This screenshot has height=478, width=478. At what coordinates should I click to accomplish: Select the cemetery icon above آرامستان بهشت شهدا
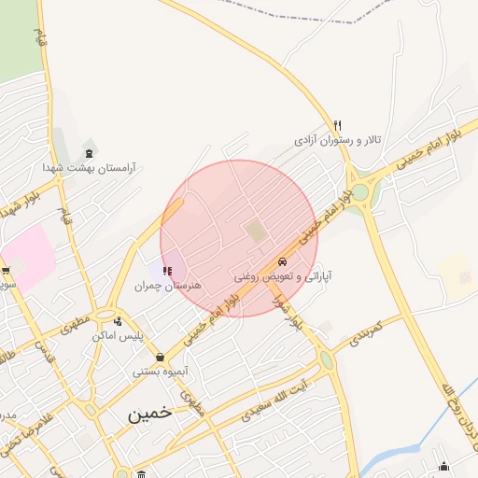[x=89, y=151]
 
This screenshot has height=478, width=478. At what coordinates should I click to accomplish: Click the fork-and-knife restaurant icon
[x=338, y=124]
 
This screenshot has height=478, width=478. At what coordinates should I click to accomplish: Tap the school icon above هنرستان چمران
[x=167, y=271]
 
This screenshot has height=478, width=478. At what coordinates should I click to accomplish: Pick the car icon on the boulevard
[x=282, y=261]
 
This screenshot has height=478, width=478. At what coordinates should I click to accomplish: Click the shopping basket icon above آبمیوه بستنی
[x=161, y=356]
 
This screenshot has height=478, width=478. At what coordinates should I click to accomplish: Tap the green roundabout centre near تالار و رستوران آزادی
[x=360, y=192]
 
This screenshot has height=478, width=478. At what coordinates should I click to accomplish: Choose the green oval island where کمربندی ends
[x=326, y=359]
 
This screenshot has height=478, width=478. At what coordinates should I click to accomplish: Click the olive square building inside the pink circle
[x=255, y=231]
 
